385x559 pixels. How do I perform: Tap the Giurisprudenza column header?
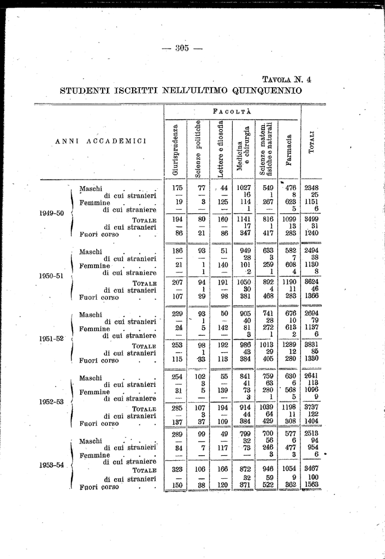coord(176,150)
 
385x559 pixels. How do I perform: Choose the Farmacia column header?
coord(289,150)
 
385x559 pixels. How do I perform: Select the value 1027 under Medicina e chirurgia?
coord(243,188)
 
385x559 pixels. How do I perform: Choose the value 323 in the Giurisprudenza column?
coord(176,469)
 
